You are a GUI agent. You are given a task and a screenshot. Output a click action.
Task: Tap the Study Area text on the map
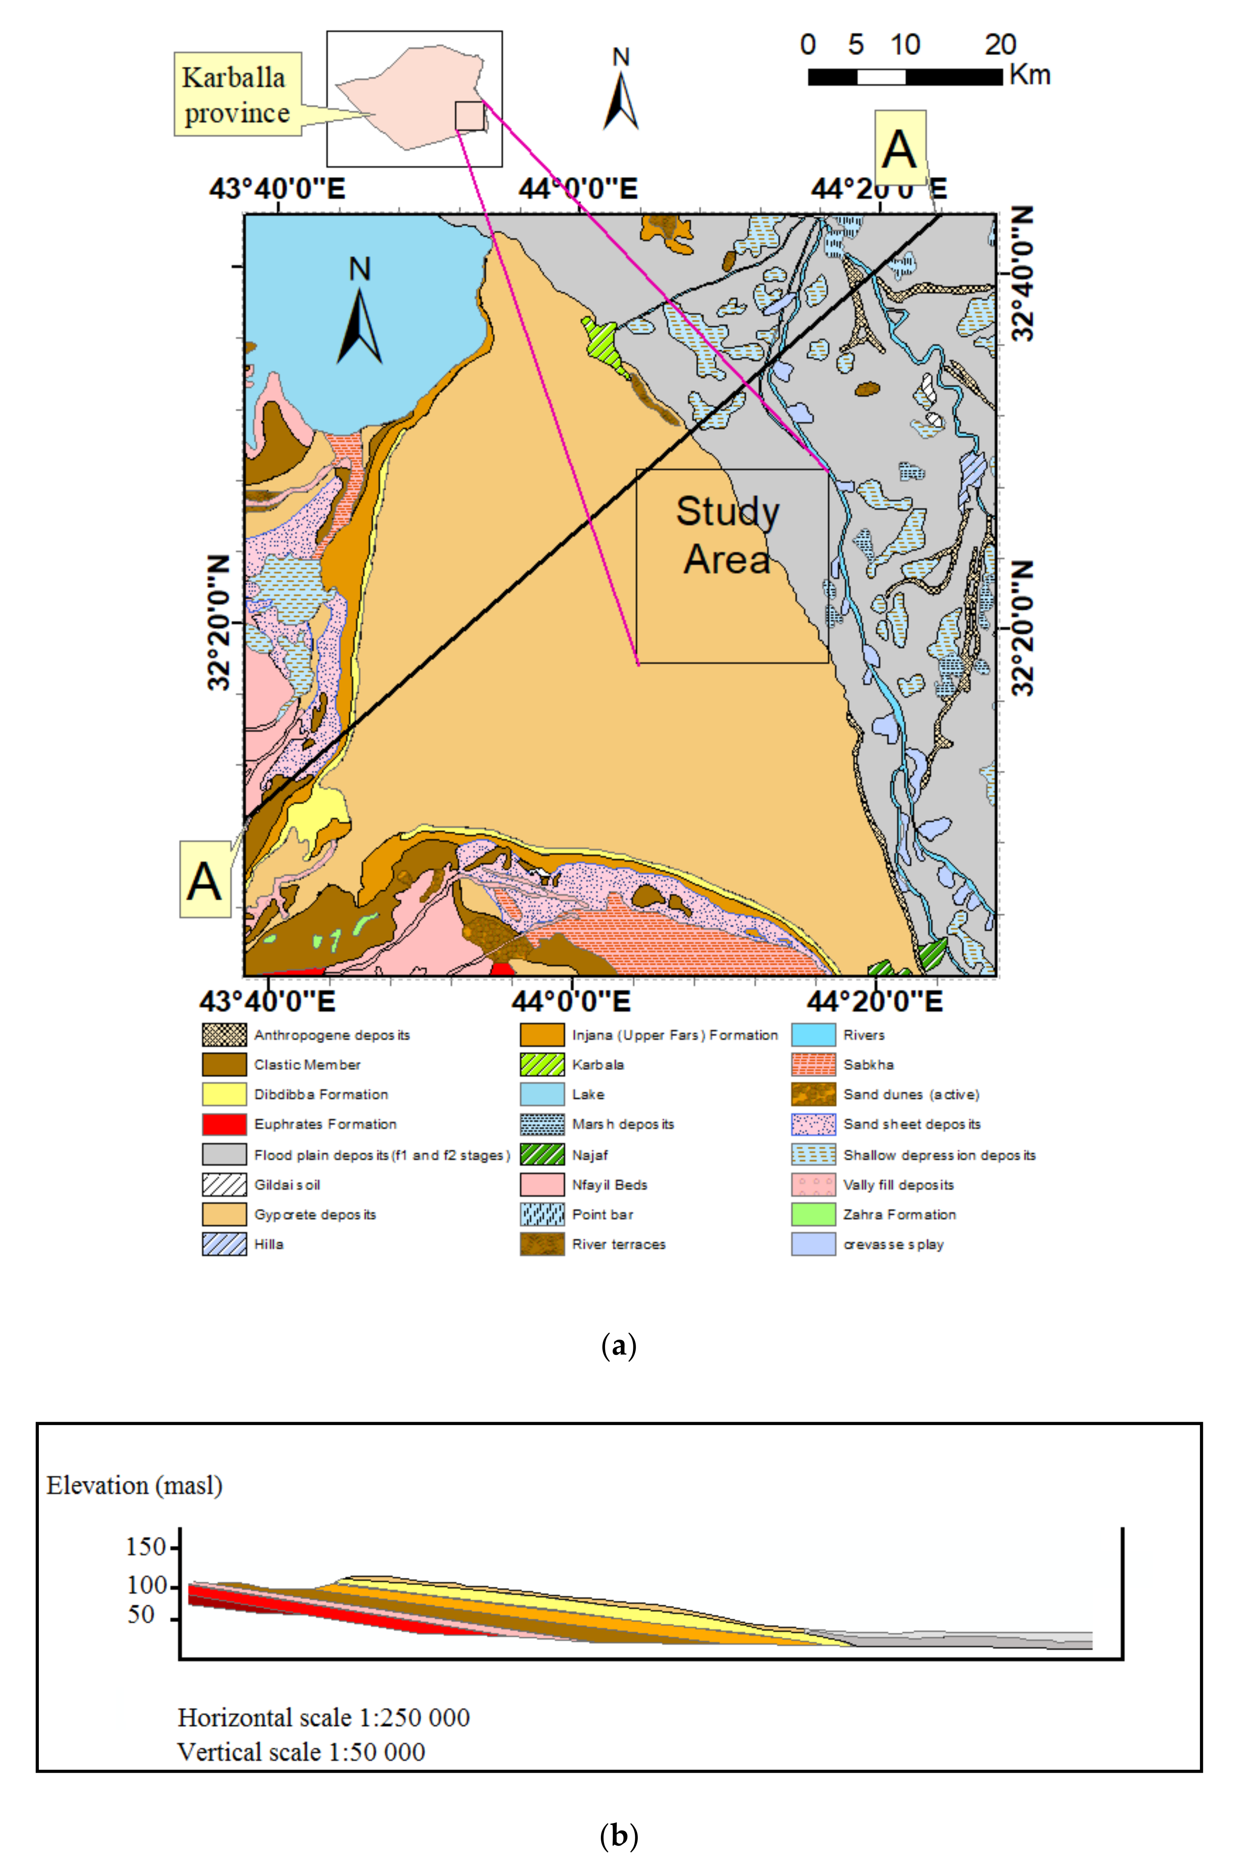pyautogui.click(x=727, y=535)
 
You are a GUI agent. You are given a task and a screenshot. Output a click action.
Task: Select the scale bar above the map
pyautogui.click(x=905, y=77)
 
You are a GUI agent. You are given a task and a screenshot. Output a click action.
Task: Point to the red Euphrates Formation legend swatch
pyautogui.click(x=224, y=1124)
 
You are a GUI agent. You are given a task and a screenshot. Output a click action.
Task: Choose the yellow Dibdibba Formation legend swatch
pyautogui.click(x=224, y=1094)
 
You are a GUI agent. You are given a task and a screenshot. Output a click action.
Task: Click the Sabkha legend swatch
pyautogui.click(x=813, y=1065)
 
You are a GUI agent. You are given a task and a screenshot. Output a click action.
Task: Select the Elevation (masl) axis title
pyautogui.click(x=134, y=1486)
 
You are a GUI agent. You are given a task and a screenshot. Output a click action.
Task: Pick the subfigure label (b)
pyautogui.click(x=619, y=1837)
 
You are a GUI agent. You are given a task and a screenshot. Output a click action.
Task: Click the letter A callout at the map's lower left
pyautogui.click(x=205, y=880)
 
